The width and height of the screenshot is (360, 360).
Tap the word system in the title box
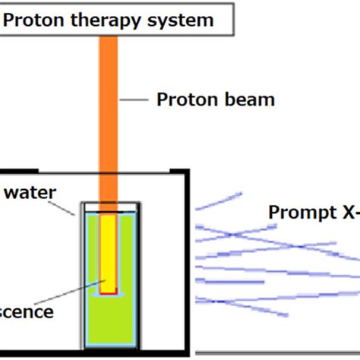[x=176, y=21]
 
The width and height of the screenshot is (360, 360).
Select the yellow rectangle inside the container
[x=109, y=251]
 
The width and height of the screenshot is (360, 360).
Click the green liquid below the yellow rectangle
[x=109, y=319]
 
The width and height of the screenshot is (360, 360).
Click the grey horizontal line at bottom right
[x=277, y=352]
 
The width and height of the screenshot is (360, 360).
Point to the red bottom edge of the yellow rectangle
[x=109, y=292]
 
